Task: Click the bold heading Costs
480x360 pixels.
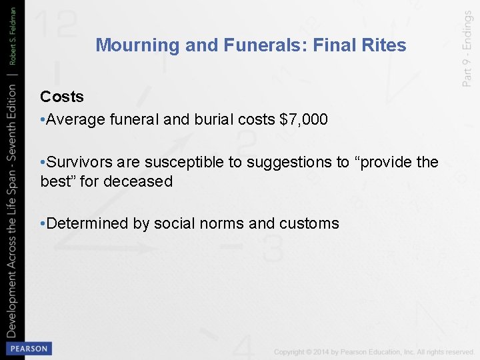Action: (x=62, y=97)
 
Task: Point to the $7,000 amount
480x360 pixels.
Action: (x=303, y=120)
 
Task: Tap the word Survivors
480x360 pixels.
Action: (x=79, y=162)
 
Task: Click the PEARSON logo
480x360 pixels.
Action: (x=28, y=348)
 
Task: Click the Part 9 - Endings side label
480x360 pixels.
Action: (x=467, y=51)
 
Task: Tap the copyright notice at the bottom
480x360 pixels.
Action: (x=374, y=351)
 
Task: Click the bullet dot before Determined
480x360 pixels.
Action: (x=43, y=223)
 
